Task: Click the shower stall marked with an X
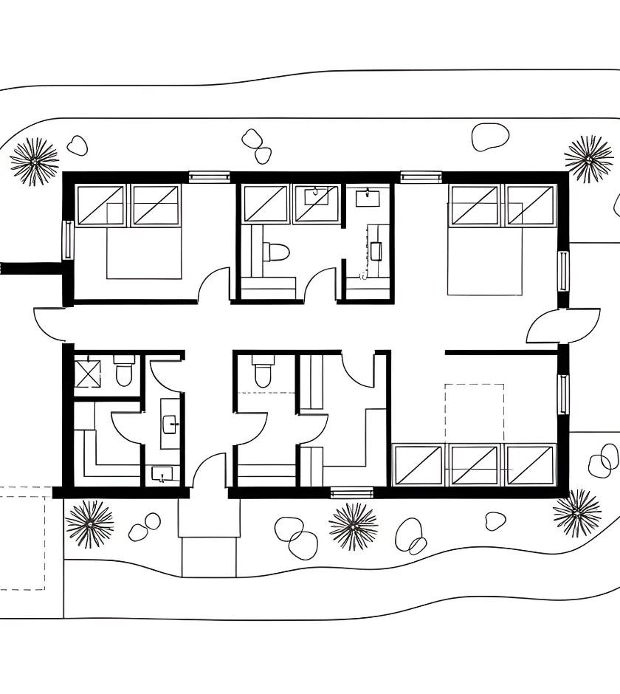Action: tap(87, 371)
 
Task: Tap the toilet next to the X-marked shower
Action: tap(123, 371)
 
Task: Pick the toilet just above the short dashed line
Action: tap(262, 373)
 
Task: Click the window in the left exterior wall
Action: tap(68, 240)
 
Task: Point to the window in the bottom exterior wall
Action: tap(351, 492)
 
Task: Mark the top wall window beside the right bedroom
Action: tap(421, 176)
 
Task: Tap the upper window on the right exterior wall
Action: tap(563, 271)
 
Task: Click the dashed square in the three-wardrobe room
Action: tap(475, 413)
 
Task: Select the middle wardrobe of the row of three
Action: tap(474, 465)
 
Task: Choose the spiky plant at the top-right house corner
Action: tap(589, 158)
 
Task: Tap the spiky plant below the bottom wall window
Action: tap(353, 526)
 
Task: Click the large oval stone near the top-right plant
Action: tap(490, 137)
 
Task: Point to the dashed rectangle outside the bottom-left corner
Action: tap(22, 539)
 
